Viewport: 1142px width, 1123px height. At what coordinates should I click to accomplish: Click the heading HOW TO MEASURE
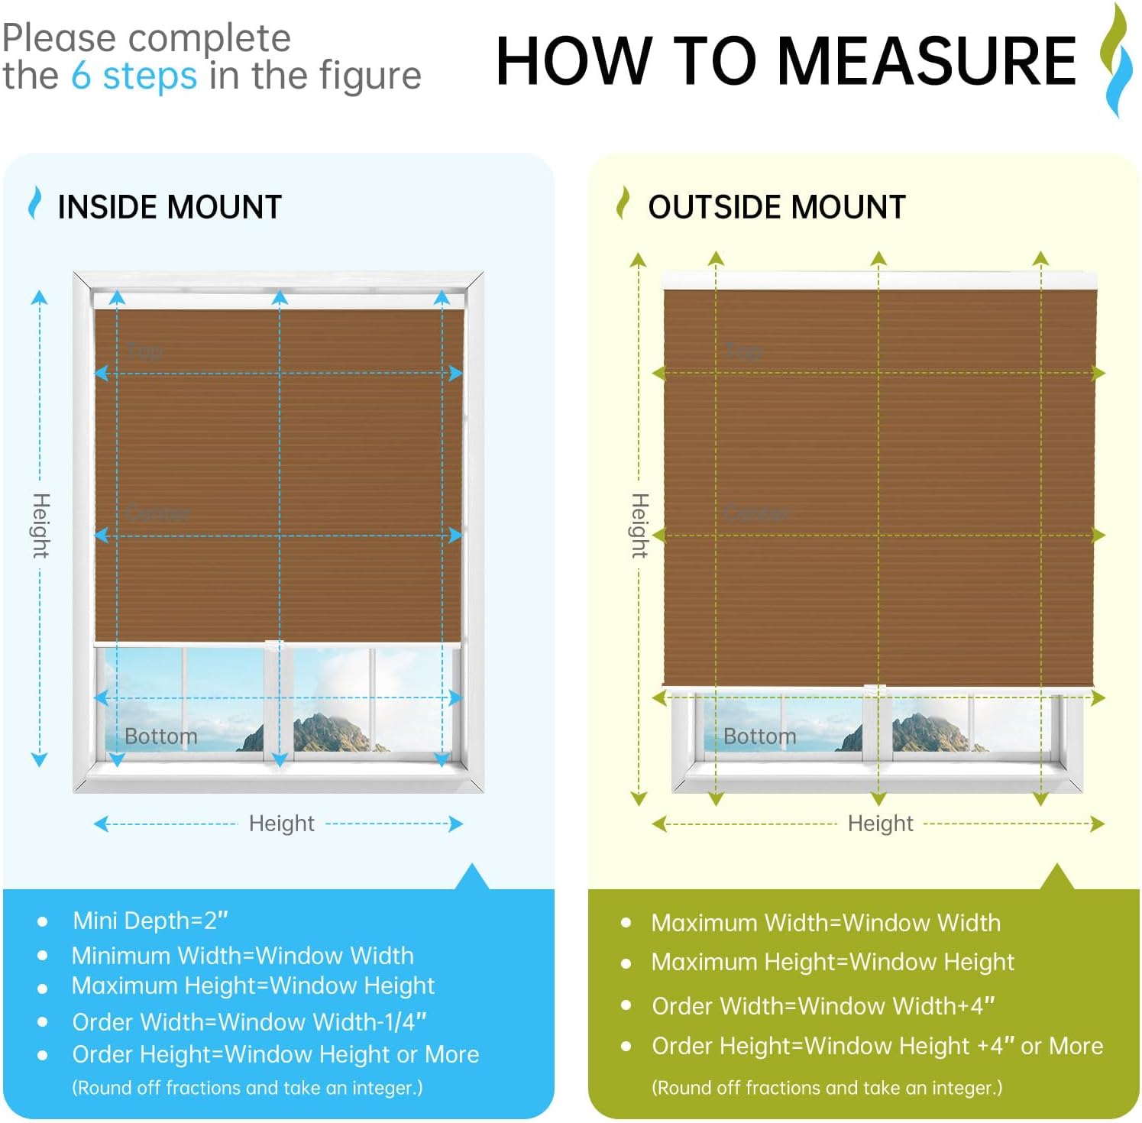coord(785,61)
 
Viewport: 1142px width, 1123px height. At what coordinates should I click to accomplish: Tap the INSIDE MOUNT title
coord(170,207)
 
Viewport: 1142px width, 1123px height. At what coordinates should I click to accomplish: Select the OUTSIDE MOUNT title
coord(776,207)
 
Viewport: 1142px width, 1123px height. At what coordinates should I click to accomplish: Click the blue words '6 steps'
coord(134,76)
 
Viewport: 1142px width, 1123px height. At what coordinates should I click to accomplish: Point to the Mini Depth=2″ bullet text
coord(150,921)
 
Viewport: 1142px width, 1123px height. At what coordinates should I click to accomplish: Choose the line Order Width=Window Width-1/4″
coord(249,1021)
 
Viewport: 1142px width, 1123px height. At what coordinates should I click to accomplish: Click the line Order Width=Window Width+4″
coord(823,1006)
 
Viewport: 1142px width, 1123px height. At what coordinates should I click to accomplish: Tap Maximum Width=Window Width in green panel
coord(825,923)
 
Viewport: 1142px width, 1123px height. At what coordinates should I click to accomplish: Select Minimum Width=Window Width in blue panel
coord(242,955)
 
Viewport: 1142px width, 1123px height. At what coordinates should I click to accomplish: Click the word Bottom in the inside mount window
coord(160,736)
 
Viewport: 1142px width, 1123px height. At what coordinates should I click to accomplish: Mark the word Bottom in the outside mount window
coord(759,736)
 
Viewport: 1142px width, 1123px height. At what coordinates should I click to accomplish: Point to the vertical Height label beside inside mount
coord(40,526)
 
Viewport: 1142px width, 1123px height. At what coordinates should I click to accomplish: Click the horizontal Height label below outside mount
coord(880,824)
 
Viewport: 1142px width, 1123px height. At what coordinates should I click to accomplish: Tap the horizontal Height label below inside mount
coord(281,824)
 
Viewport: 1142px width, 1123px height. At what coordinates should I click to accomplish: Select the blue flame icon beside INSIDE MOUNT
coord(34,203)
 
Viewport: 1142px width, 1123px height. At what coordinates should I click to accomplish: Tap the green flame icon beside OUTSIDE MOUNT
coord(623,203)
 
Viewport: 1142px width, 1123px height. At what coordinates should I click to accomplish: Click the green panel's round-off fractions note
coord(827,1087)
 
